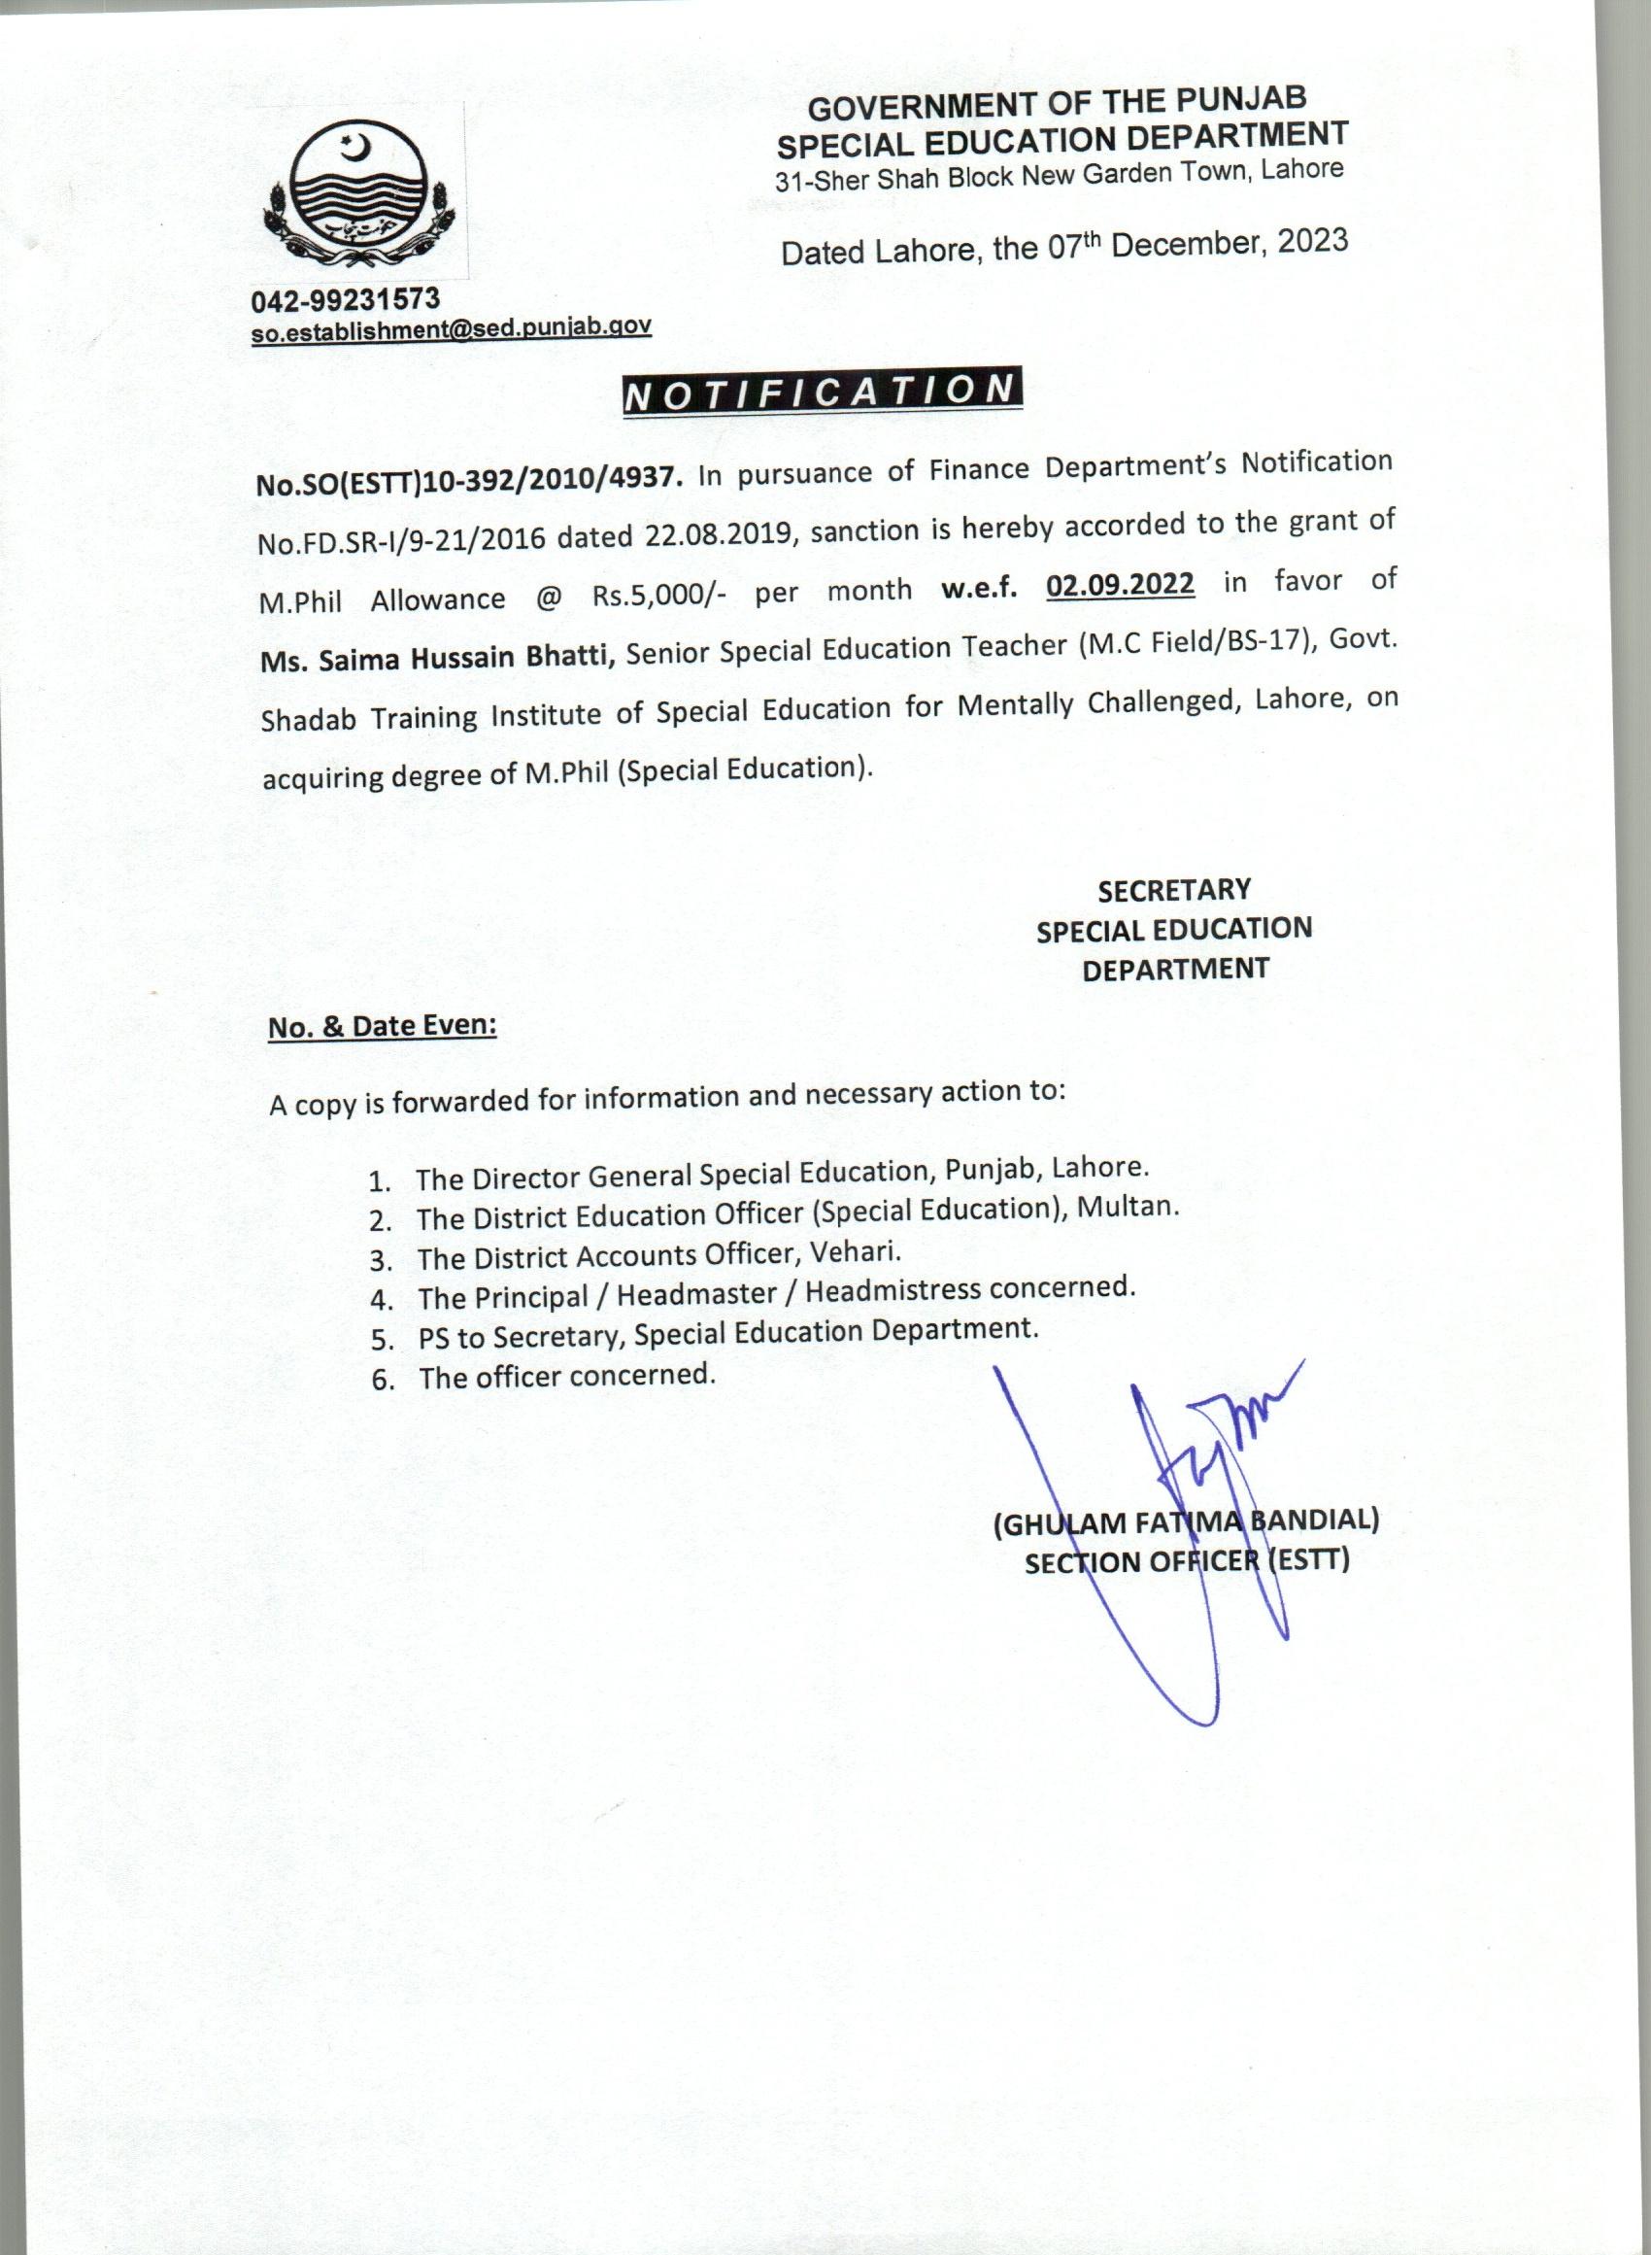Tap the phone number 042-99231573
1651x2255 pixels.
[x=345, y=299]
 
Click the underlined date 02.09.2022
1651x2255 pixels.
[x=1121, y=584]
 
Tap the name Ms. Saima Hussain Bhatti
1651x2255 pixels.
[x=436, y=659]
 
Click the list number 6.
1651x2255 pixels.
[x=382, y=1381]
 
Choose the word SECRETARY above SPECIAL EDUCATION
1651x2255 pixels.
[x=1173, y=890]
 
